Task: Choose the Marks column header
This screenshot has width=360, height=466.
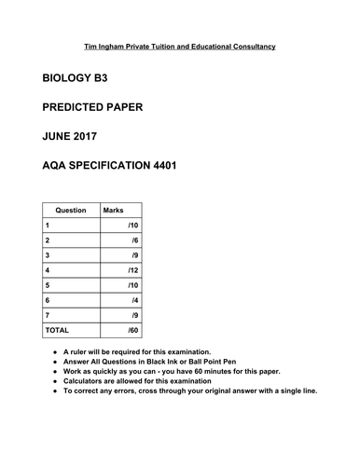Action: pyautogui.click(x=114, y=210)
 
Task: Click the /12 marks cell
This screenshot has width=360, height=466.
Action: pyautogui.click(x=132, y=269)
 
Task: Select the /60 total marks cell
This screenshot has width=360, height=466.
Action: pyautogui.click(x=132, y=329)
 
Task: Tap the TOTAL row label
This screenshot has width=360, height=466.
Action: pyautogui.click(x=57, y=329)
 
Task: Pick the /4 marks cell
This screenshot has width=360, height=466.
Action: pyautogui.click(x=134, y=299)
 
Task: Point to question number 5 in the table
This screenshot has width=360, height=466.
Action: pyautogui.click(x=47, y=284)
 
